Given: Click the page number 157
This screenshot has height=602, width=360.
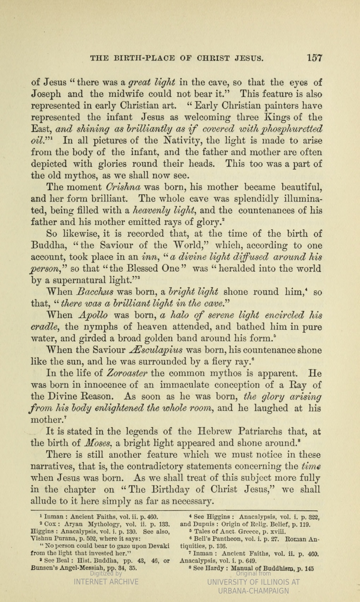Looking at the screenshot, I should (315, 58).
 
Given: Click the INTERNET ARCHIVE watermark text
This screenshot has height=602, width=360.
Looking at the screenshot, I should (106, 582).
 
